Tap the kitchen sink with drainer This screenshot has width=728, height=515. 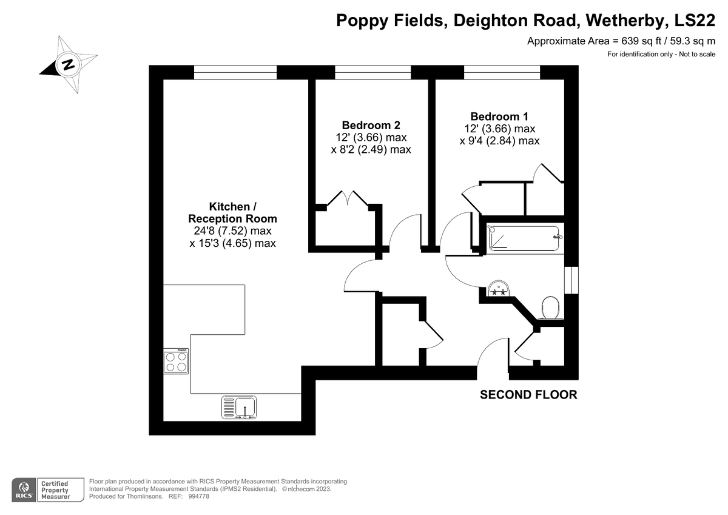pyautogui.click(x=239, y=407)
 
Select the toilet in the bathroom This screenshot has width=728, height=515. pyautogui.click(x=551, y=308)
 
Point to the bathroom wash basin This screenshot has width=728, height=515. pyautogui.click(x=499, y=288)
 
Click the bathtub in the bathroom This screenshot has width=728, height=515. pyautogui.click(x=524, y=238)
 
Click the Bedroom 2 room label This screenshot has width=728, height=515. pyautogui.click(x=371, y=125)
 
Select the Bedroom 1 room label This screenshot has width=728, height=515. pyautogui.click(x=499, y=116)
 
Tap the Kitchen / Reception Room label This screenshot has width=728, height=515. pyautogui.click(x=233, y=212)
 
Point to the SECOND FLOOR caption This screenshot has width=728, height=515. pyautogui.click(x=528, y=395)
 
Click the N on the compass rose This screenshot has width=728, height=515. pyautogui.click(x=68, y=64)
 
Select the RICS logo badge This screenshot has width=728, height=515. pyautogui.click(x=24, y=490)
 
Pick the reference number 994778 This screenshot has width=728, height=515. pyautogui.click(x=198, y=496)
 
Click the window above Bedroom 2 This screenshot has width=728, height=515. pyautogui.click(x=372, y=72)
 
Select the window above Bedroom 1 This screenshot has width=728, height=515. pyautogui.click(x=502, y=72)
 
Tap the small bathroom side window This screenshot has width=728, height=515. pyautogui.click(x=571, y=280)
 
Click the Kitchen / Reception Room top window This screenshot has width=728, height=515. pyautogui.click(x=235, y=72)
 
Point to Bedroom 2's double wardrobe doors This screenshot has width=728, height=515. pyautogui.click(x=348, y=198)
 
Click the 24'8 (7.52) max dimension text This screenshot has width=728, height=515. pyautogui.click(x=233, y=231)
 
